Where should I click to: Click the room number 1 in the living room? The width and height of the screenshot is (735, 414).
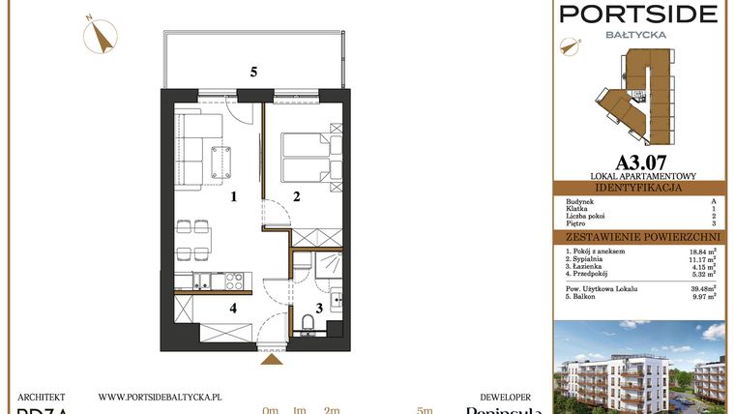[x=233, y=198]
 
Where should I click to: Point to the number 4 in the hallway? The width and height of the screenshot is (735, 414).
[x=233, y=310]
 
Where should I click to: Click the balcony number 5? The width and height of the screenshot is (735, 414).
[x=253, y=72]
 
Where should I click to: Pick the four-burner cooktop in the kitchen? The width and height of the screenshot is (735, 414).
[x=233, y=281]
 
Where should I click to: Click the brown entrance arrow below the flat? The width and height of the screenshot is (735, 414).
[x=274, y=359]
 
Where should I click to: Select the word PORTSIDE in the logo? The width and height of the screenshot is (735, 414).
[x=639, y=14]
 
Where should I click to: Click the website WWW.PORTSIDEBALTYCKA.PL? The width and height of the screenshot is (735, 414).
[x=161, y=397]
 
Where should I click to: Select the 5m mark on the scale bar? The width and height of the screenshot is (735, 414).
[x=425, y=411]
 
